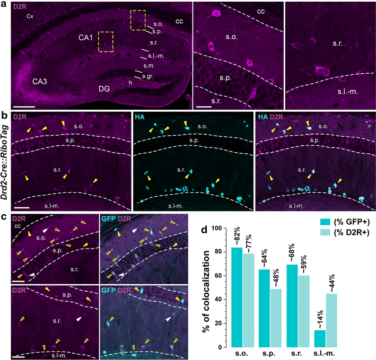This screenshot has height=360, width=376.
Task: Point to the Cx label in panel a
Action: (x=30, y=16)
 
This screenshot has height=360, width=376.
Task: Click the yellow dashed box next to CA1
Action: (x=106, y=41)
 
